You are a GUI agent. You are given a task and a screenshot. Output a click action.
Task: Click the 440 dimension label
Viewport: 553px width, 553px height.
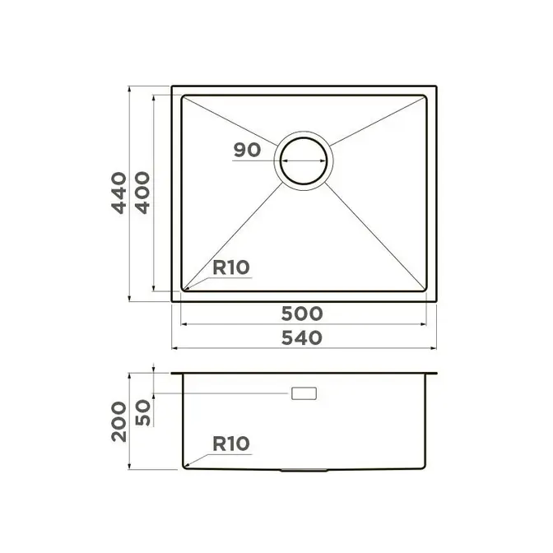click(119, 193)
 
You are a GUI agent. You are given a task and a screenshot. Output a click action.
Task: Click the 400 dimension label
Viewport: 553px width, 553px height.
click(143, 193)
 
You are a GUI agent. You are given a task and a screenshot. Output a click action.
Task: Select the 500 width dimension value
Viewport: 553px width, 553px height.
click(302, 314)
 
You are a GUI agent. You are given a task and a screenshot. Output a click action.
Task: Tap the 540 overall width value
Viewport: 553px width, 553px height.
click(302, 337)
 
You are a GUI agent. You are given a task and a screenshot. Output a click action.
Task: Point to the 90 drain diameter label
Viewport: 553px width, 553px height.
click(247, 150)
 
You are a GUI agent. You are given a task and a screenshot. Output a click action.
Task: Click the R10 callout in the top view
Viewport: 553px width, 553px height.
click(231, 267)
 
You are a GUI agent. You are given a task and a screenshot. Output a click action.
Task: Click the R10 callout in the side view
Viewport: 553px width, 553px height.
click(231, 444)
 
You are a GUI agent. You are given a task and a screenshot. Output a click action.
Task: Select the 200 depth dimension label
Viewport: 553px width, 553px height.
click(119, 421)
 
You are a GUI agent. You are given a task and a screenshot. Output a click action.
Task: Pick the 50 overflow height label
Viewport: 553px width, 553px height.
click(143, 412)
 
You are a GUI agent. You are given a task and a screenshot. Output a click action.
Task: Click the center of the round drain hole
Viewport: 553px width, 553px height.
click(304, 160)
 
